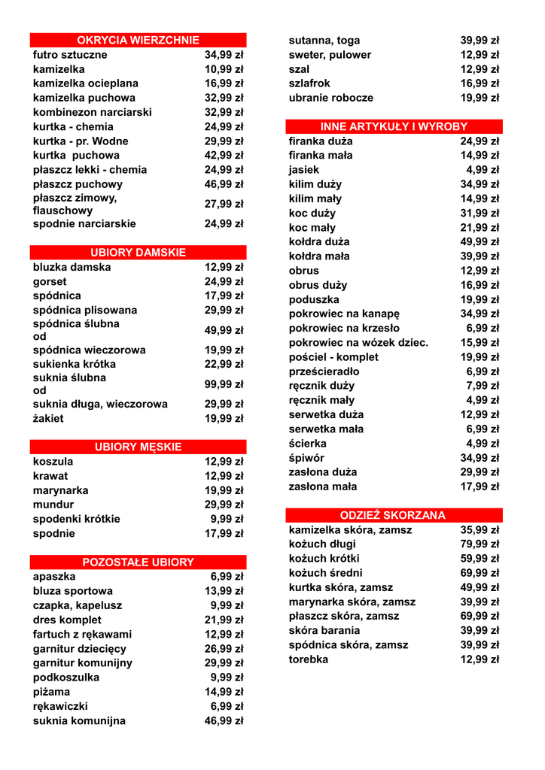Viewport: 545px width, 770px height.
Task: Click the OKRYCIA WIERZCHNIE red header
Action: click(138, 41)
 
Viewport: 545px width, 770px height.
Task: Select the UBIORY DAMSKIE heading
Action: click(138, 253)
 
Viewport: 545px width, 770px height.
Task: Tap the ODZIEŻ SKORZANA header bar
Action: click(393, 516)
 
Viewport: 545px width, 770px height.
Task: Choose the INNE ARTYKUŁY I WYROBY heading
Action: click(393, 127)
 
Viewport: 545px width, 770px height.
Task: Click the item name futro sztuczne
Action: click(70, 55)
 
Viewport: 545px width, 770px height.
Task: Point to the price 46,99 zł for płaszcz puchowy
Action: click(224, 184)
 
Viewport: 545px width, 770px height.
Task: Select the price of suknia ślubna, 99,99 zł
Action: click(224, 384)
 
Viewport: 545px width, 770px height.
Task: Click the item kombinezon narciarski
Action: click(92, 112)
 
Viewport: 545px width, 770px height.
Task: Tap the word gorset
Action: click(50, 282)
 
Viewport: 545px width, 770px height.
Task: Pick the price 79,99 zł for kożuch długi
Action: click(480, 544)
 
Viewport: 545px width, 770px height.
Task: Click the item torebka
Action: click(309, 659)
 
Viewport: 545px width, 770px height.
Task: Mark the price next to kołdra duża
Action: click(480, 242)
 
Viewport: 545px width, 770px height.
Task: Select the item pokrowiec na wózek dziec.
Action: click(358, 343)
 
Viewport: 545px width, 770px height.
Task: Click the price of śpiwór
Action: click(480, 458)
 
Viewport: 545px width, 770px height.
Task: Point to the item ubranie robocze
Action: click(330, 98)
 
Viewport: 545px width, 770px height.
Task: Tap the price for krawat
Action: click(224, 476)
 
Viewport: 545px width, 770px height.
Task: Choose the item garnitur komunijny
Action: click(82, 663)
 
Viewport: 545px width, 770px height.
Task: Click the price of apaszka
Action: click(227, 577)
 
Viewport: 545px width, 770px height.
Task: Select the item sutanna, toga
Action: click(324, 41)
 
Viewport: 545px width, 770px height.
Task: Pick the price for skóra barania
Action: click(480, 631)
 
